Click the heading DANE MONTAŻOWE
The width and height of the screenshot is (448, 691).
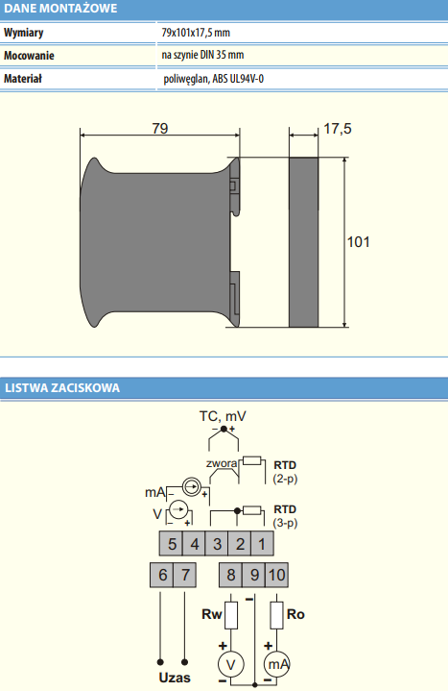pyautogui.click(x=60, y=9)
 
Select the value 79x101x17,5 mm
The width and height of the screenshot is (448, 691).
pyautogui.click(x=196, y=33)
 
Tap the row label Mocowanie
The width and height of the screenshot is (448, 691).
pyautogui.click(x=29, y=56)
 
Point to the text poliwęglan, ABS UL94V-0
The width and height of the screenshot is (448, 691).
pyautogui.click(x=213, y=79)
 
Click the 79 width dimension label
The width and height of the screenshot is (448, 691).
pyautogui.click(x=160, y=128)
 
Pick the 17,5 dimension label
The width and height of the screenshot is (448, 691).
pyautogui.click(x=338, y=129)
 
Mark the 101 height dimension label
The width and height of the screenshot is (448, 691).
pyautogui.click(x=358, y=242)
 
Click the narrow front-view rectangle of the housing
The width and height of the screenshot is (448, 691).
pyautogui.click(x=304, y=242)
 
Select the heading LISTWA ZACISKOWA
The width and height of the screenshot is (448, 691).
pyautogui.click(x=62, y=388)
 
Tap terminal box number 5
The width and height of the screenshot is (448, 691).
pyautogui.click(x=171, y=544)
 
